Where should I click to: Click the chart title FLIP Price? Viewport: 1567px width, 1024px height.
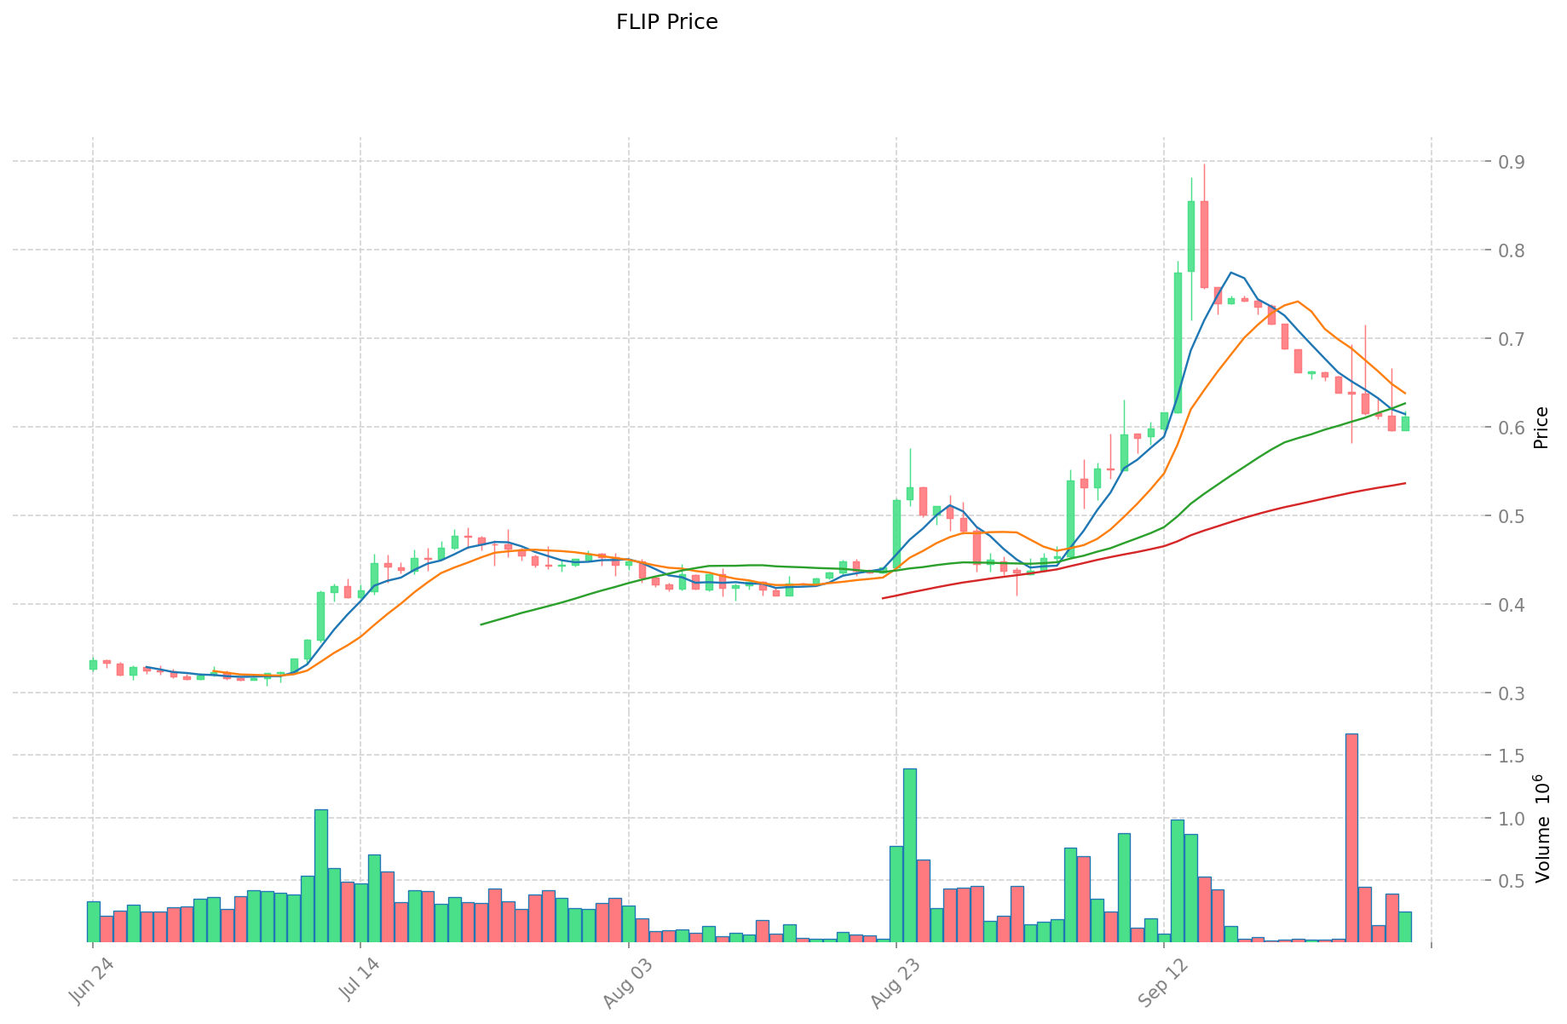point(666,22)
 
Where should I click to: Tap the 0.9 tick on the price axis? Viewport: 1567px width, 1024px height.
point(1506,162)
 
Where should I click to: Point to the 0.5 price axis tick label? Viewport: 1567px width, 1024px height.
point(1506,516)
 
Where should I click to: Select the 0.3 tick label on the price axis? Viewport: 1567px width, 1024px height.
point(1506,693)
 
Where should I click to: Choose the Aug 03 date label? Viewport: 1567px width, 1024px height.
point(625,984)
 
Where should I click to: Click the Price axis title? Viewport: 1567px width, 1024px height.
point(1541,428)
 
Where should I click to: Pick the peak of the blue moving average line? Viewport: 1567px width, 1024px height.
point(1231,273)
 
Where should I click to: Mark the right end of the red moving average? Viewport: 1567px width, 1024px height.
point(1405,483)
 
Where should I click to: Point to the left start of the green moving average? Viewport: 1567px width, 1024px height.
point(481,624)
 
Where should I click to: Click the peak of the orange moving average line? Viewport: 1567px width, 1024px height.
point(1297,301)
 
